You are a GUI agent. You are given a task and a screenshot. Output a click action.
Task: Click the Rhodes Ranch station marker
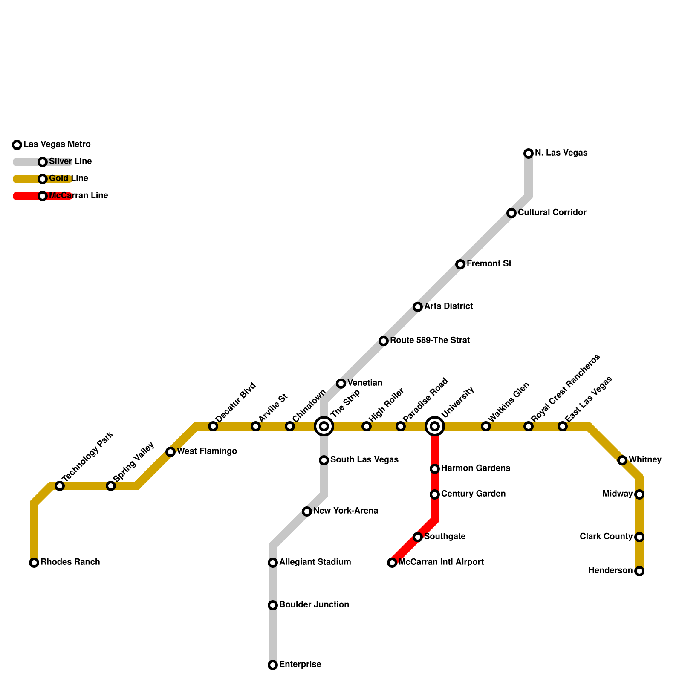(x=34, y=563)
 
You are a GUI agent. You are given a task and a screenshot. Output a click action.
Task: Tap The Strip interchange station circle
(x=324, y=426)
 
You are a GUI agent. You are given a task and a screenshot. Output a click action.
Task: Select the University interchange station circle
(x=435, y=426)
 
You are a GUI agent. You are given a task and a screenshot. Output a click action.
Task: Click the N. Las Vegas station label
(x=561, y=153)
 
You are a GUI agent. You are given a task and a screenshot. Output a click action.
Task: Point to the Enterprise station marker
(x=273, y=665)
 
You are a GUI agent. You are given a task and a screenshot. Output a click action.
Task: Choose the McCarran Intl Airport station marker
(x=392, y=563)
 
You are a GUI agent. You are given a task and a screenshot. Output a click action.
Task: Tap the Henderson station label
(x=610, y=571)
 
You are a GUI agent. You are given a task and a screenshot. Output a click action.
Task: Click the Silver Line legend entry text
(x=70, y=162)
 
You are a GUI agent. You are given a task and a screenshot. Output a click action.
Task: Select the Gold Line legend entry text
(x=69, y=179)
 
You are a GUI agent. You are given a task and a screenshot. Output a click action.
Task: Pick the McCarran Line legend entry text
(x=78, y=196)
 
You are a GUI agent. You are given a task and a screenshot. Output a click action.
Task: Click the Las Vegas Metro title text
(x=57, y=144)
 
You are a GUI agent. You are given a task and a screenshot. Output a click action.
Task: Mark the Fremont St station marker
(x=460, y=264)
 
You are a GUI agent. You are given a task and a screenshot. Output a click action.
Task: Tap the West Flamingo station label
(x=207, y=451)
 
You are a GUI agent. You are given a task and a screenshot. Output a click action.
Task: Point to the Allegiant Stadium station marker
(x=273, y=563)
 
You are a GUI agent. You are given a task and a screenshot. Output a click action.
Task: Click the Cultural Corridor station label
(x=552, y=213)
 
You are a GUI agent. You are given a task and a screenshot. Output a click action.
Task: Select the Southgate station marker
(x=418, y=537)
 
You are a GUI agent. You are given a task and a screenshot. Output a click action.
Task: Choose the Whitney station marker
(x=622, y=460)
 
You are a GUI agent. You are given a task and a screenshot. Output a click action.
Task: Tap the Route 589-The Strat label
(x=430, y=341)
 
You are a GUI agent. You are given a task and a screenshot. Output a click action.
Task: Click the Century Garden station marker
(x=435, y=494)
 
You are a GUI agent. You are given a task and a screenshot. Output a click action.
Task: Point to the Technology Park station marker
(x=60, y=486)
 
